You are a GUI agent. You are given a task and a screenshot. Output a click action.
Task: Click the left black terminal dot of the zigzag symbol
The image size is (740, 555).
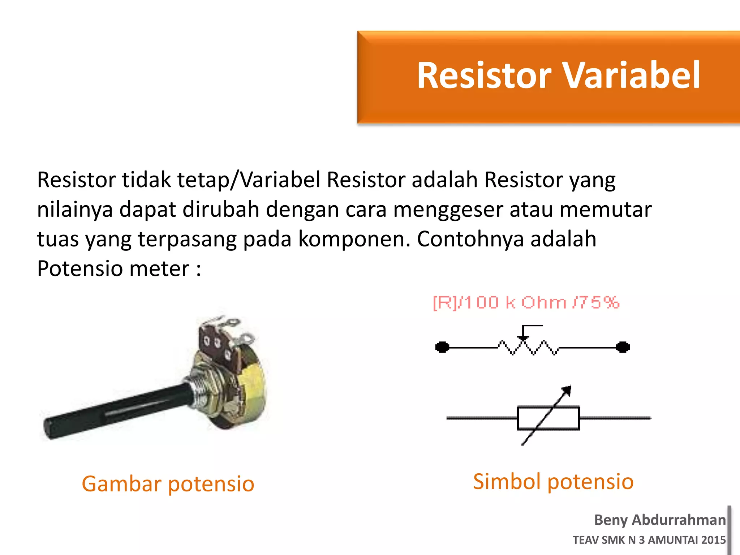click(442, 347)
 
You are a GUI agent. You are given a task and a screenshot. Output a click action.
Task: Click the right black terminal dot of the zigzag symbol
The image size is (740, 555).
click(623, 347)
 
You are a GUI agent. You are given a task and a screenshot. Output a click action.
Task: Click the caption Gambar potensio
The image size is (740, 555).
click(168, 484)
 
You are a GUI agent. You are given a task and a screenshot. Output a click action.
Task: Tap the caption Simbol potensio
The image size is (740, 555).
click(553, 482)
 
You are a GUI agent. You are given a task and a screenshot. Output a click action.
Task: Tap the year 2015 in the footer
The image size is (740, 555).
click(713, 540)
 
